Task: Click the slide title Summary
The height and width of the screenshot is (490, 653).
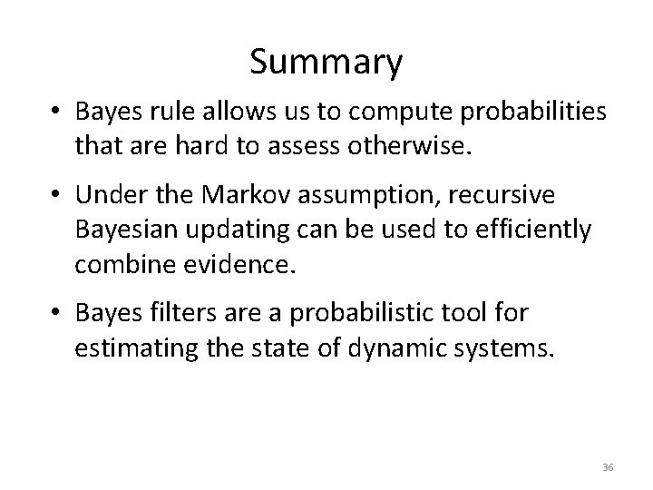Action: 326,63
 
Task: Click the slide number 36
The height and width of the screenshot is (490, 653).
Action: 608,466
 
